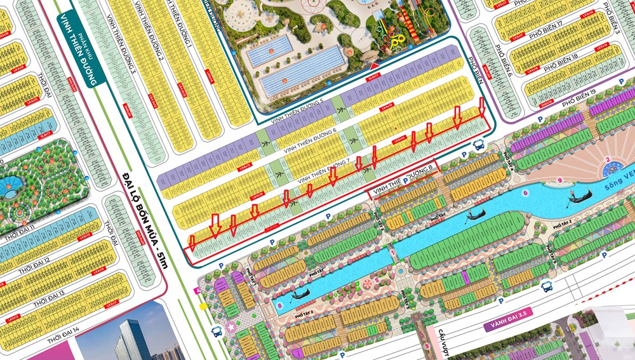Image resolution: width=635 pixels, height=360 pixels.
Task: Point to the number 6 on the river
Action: (x=525, y=191)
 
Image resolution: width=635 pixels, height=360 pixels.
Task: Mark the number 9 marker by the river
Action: (x=558, y=181)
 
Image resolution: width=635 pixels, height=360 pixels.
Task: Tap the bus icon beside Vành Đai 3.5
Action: (x=547, y=287)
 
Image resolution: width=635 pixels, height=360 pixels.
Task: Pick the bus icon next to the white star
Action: (x=216, y=331)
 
